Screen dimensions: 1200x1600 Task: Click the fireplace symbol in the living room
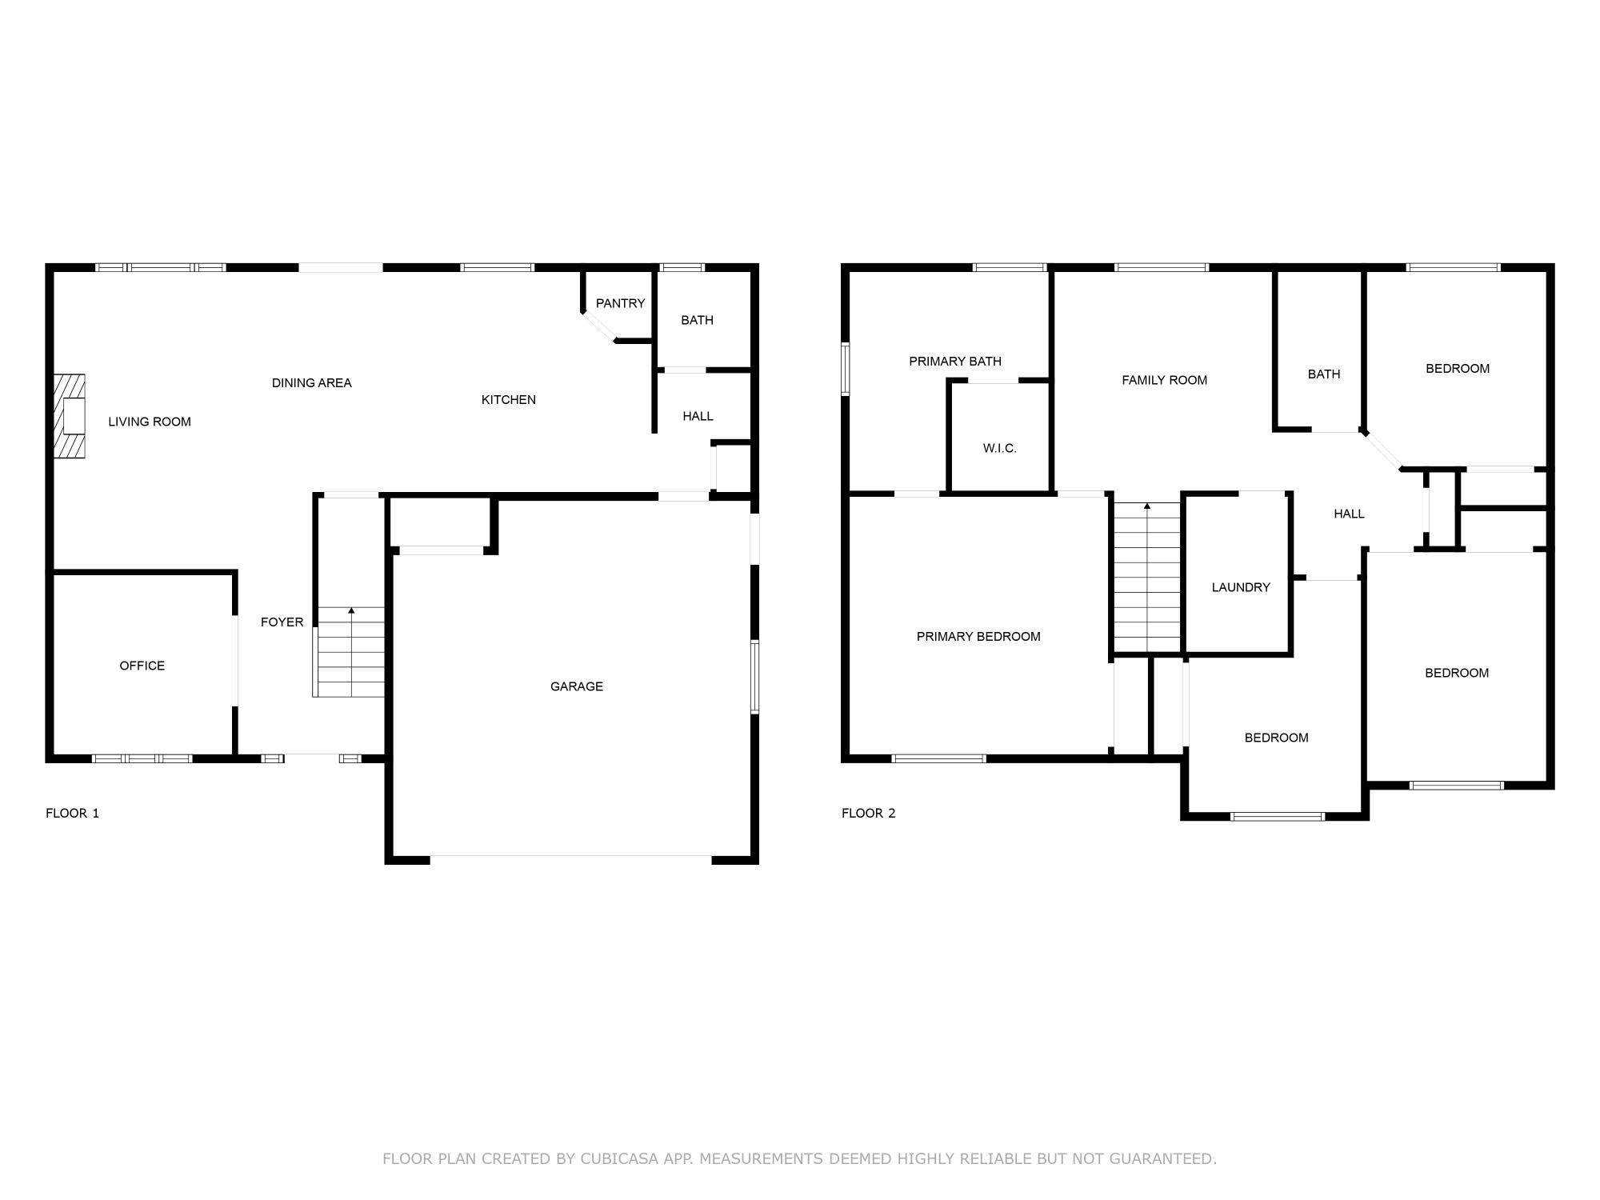(70, 416)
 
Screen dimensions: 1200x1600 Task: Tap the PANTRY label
(620, 303)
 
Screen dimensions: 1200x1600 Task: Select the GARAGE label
(576, 686)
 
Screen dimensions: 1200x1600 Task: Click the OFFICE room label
(142, 666)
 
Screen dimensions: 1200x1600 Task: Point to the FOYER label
(282, 622)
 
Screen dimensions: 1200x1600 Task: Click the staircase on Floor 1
(351, 652)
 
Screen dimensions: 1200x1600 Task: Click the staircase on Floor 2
(1147, 576)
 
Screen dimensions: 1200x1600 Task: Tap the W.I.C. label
(999, 449)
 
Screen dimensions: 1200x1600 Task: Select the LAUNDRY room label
(1240, 587)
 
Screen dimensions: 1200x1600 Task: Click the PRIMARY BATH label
(954, 362)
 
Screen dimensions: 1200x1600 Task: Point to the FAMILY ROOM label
(1164, 380)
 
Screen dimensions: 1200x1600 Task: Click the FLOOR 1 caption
(72, 814)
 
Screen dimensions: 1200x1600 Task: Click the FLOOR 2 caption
(868, 814)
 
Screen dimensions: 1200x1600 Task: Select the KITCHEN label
(508, 400)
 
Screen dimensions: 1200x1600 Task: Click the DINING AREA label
(311, 383)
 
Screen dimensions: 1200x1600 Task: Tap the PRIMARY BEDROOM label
(978, 637)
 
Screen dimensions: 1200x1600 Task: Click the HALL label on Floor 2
(1349, 514)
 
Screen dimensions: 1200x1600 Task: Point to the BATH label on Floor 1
(697, 320)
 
